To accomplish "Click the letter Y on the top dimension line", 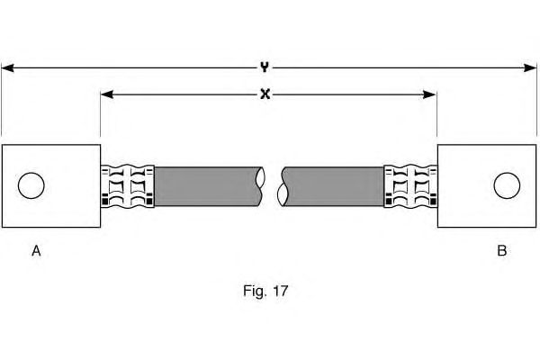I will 265,67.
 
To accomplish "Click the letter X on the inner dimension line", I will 265,94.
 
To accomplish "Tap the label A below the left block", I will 37,251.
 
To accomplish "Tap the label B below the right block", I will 501,251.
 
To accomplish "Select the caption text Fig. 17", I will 266,291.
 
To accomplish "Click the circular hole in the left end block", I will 31,185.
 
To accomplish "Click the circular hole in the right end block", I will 507,185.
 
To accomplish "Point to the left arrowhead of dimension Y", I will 7,67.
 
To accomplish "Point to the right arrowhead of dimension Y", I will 531,67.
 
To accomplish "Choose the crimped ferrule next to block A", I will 126,185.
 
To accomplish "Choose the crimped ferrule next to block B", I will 410,185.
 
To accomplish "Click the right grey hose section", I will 333,185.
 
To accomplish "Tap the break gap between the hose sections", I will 271,185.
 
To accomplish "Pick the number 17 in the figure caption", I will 280,291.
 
